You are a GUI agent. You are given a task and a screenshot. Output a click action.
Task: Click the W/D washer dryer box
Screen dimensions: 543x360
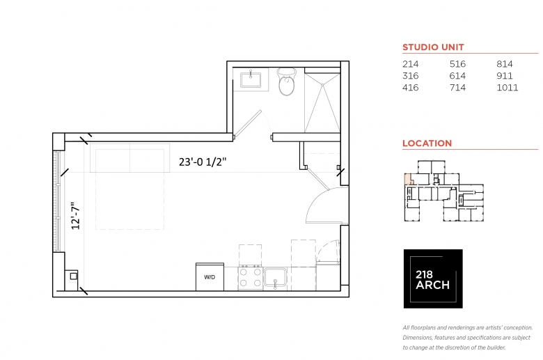pyautogui.click(x=210, y=277)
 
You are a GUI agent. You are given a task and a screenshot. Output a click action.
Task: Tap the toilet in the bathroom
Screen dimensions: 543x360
pyautogui.click(x=287, y=81)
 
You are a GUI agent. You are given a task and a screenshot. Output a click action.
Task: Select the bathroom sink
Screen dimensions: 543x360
pyautogui.click(x=251, y=79)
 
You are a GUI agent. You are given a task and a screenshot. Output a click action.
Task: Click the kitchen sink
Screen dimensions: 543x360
pyautogui.click(x=275, y=278)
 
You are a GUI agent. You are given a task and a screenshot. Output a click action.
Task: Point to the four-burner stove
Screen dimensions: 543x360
pyautogui.click(x=251, y=278)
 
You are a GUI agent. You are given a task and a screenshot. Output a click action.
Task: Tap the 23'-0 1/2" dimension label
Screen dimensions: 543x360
pyautogui.click(x=203, y=162)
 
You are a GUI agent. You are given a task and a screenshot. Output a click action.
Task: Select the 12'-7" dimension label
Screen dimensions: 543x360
pyautogui.click(x=75, y=216)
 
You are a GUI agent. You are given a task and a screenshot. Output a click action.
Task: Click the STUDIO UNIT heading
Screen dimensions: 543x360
pyautogui.click(x=433, y=47)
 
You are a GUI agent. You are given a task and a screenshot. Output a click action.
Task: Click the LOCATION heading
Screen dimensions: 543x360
pyautogui.click(x=427, y=143)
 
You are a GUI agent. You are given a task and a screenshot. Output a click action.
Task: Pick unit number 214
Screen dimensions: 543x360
pyautogui.click(x=410, y=64)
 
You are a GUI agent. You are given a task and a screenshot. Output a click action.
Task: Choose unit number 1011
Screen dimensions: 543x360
pyautogui.click(x=507, y=87)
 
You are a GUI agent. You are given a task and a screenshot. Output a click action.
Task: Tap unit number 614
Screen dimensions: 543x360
pyautogui.click(x=457, y=76)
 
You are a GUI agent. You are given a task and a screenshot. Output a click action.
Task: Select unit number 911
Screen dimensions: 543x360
pyautogui.click(x=505, y=76)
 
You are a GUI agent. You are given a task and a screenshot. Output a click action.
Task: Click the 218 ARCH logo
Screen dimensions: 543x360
pyautogui.click(x=433, y=279)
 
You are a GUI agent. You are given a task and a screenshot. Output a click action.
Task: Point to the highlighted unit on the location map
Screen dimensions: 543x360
pyautogui.click(x=408, y=179)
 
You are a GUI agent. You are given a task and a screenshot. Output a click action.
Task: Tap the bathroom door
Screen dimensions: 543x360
pyautogui.click(x=248, y=124)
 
